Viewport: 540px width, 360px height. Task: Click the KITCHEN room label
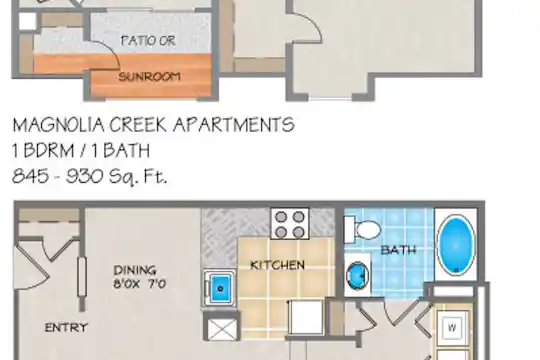coord(278,265)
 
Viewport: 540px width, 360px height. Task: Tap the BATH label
coord(398,250)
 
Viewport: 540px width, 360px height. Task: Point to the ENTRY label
coord(66,327)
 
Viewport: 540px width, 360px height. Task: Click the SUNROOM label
coord(149,76)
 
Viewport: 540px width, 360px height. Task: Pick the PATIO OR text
coord(148,41)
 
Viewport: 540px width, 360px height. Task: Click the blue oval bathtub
coord(456,245)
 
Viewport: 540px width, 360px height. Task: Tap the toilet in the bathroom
coord(362,230)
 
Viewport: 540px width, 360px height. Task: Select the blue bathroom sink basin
coord(357,276)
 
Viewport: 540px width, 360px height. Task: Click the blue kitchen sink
coord(220,288)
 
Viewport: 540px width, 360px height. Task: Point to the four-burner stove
coord(290,223)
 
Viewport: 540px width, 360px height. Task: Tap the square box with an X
coord(222,329)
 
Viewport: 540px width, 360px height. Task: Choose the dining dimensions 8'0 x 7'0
coord(140,284)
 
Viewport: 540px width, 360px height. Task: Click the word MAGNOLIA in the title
coord(58,125)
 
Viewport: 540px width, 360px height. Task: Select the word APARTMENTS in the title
coord(234,125)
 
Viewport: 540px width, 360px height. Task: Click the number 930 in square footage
coord(84,176)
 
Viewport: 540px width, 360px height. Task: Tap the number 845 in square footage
coord(30,176)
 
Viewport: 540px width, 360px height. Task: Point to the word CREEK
coord(138,125)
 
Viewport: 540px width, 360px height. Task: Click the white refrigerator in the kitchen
coord(306,317)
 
